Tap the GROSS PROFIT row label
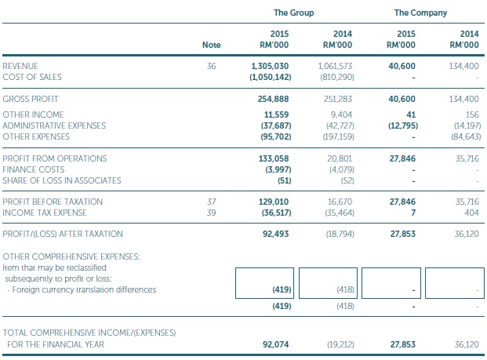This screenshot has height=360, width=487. tap(30, 100)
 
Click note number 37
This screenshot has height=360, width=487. tap(211, 202)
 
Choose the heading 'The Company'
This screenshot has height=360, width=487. tap(421, 13)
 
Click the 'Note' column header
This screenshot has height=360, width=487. tap(211, 45)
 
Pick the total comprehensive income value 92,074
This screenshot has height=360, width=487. tap(275, 344)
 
